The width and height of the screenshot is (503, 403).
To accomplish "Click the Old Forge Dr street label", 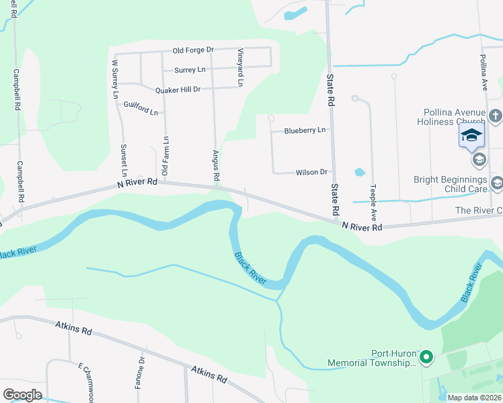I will [193, 50].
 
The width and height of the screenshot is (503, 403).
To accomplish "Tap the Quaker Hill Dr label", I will [178, 90].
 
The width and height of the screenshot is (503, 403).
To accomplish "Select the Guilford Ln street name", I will [141, 107].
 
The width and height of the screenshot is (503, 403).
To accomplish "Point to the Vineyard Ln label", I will [240, 67].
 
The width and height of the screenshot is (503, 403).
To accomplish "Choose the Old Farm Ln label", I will [166, 148].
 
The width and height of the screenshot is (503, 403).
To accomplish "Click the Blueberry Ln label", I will [305, 130].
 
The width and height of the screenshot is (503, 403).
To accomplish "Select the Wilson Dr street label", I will [311, 173].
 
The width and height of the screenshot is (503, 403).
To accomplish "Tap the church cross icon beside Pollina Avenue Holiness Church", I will [495, 116].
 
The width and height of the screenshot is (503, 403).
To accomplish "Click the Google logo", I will [23, 395].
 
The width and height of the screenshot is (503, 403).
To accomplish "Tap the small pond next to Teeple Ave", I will [359, 172].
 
